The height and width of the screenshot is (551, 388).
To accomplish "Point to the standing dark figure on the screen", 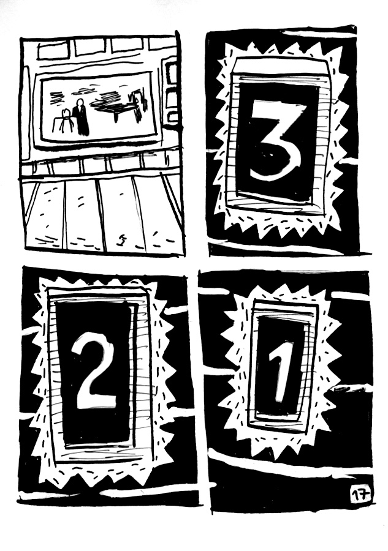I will pos(80,116).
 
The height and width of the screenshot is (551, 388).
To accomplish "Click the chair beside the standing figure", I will pos(66,122).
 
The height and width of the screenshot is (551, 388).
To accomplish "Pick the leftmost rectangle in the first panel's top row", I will pos(53,49).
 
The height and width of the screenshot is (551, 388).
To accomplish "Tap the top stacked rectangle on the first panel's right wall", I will pos(171,72).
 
